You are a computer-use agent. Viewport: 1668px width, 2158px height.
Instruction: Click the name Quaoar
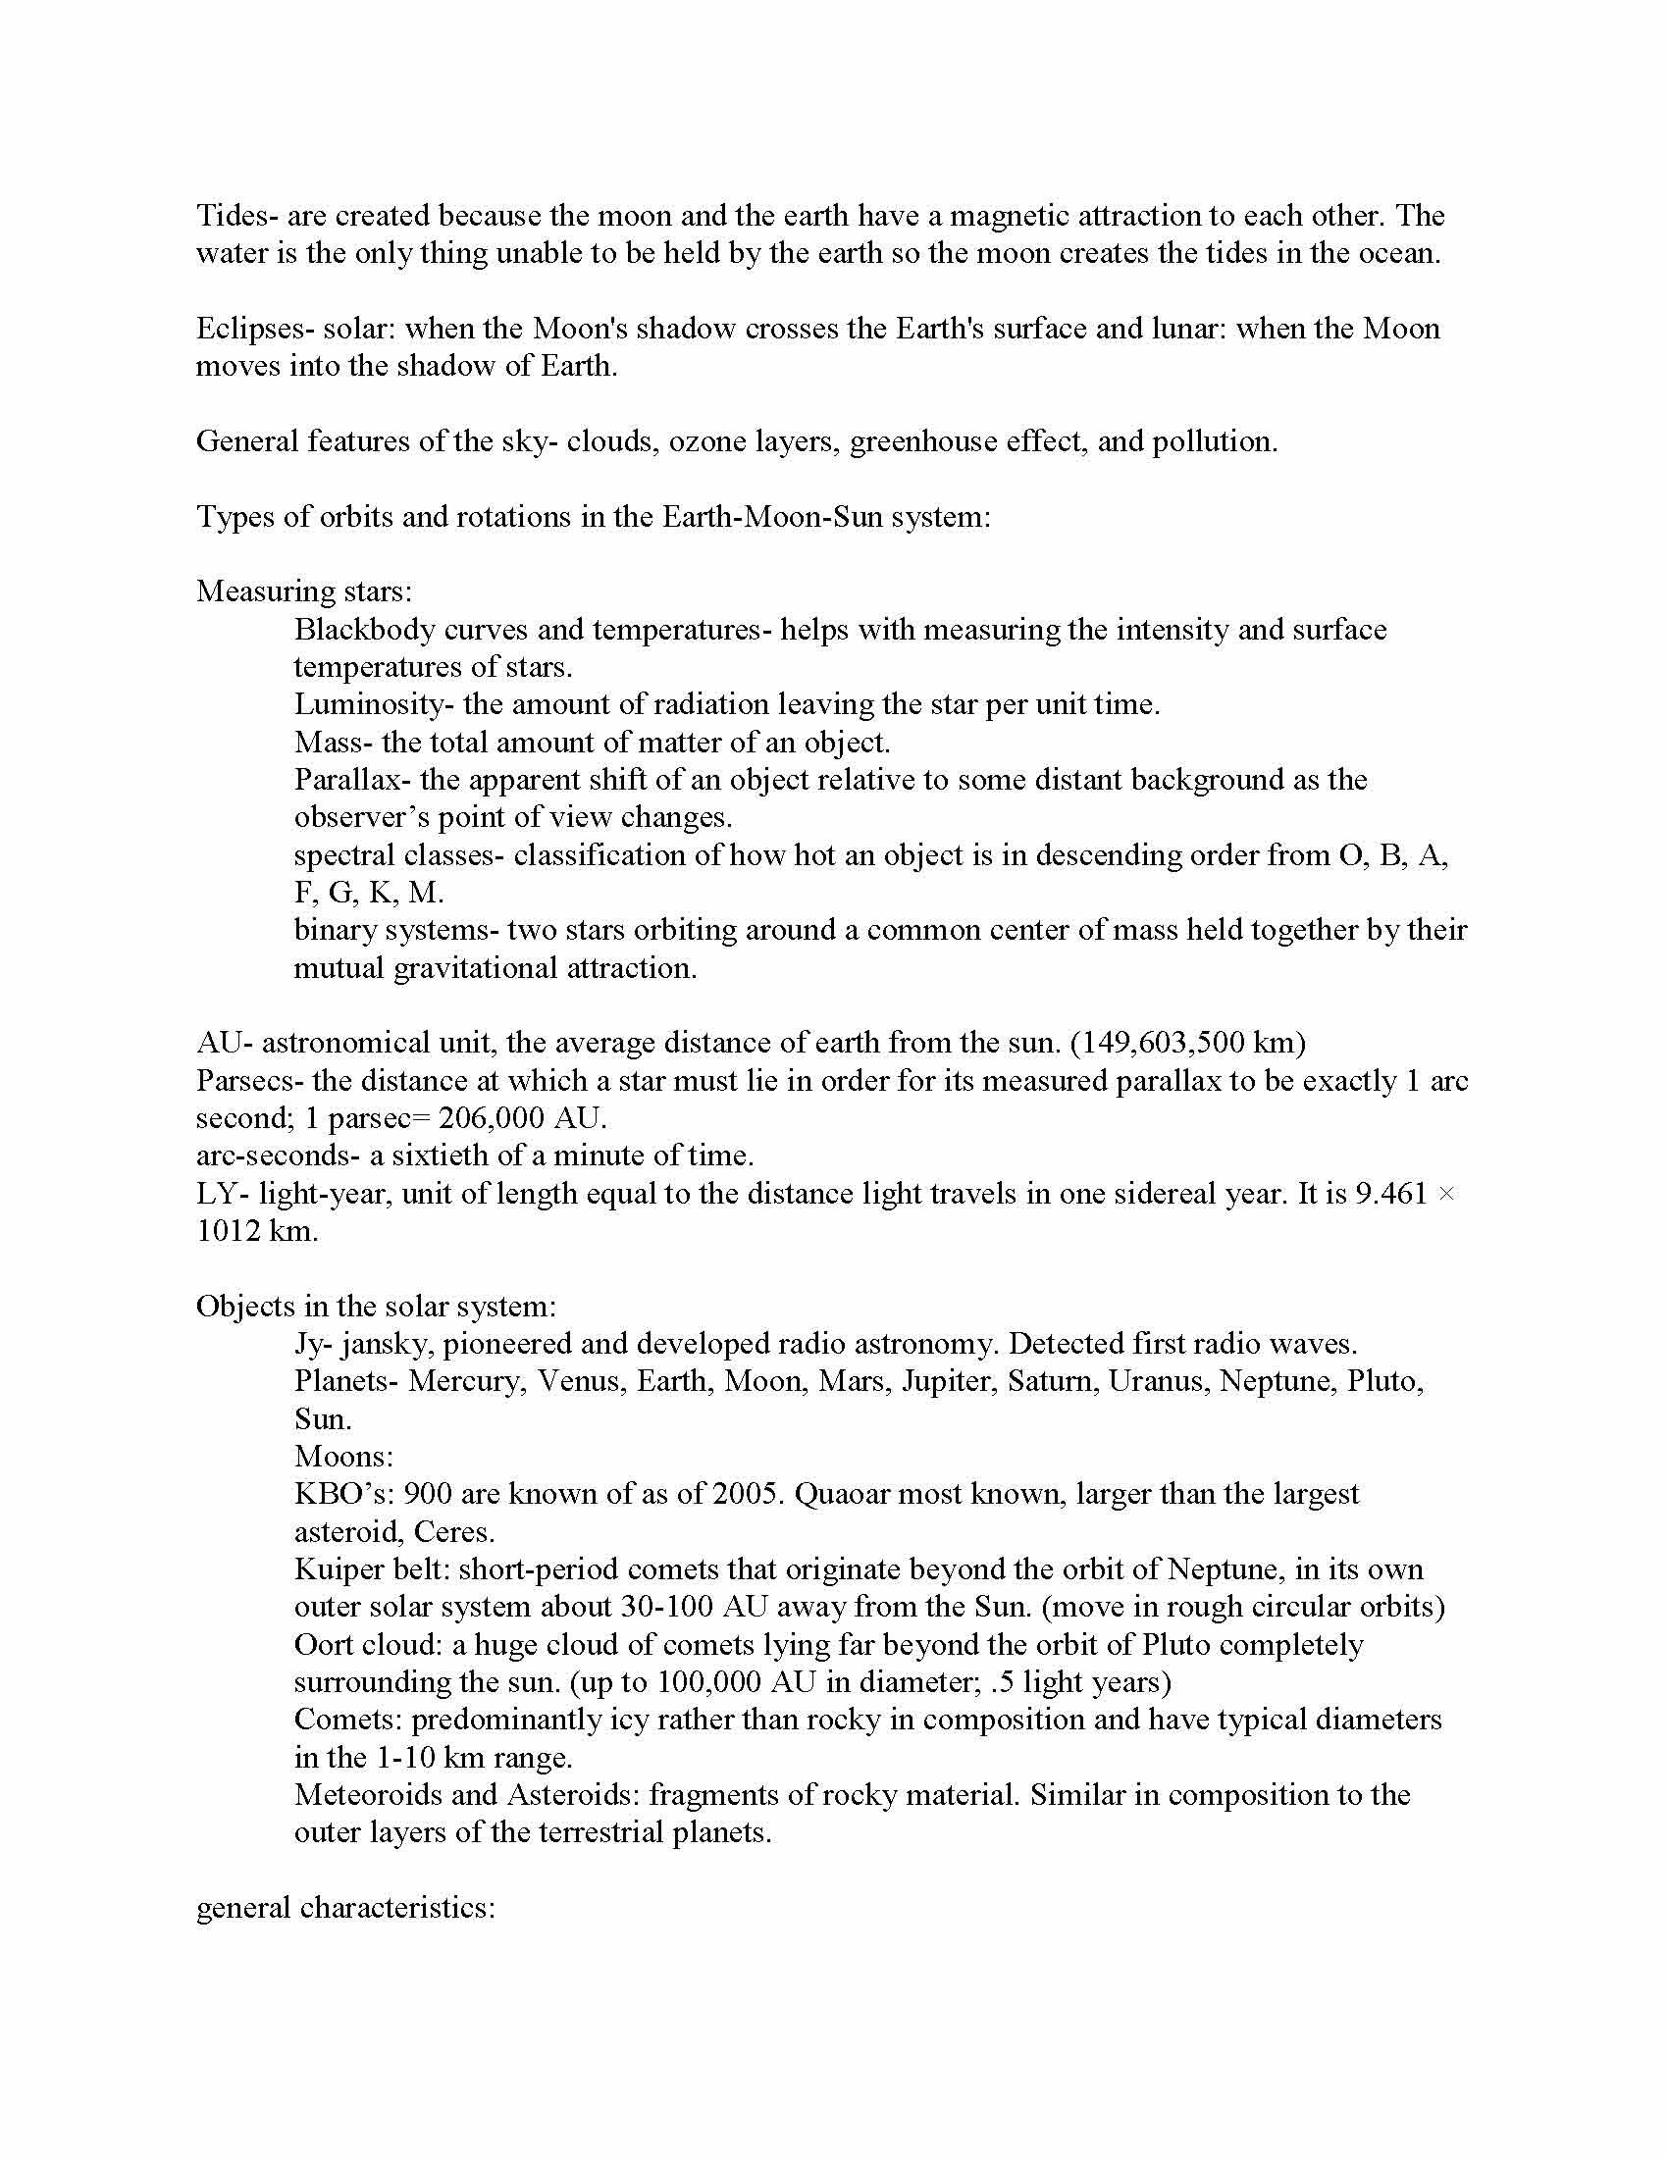point(849,1494)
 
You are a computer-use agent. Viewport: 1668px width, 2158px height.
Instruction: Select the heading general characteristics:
point(344,1908)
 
